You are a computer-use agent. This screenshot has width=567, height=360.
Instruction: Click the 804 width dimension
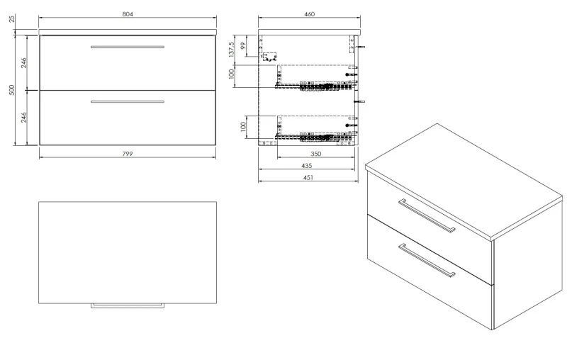click(128, 14)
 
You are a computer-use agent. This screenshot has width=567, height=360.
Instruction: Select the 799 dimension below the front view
click(128, 154)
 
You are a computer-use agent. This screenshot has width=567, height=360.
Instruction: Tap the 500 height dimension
click(12, 90)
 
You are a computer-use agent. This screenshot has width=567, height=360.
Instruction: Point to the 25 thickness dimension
click(12, 18)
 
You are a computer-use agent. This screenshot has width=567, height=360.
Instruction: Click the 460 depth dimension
click(310, 14)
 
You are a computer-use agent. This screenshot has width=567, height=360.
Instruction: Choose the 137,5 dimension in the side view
click(232, 49)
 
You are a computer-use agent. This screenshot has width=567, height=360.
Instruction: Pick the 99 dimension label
click(243, 46)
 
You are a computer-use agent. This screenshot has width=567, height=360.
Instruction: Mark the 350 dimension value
click(315, 154)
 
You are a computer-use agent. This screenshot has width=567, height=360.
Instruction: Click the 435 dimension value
click(306, 166)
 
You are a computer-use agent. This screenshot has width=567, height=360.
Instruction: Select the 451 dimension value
click(308, 177)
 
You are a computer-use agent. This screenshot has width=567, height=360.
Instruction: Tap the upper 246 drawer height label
click(24, 62)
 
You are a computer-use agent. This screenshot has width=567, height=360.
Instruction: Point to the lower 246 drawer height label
click(24, 118)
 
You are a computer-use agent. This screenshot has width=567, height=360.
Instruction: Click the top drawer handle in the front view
click(128, 47)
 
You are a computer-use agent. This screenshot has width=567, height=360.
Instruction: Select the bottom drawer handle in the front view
click(128, 102)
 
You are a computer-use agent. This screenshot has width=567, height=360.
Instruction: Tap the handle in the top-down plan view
click(128, 305)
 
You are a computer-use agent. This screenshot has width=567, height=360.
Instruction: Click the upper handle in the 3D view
click(427, 215)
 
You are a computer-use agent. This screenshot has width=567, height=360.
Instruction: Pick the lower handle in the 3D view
click(427, 260)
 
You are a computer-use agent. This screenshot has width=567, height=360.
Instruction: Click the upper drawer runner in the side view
click(314, 86)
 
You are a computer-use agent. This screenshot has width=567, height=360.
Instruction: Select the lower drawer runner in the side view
click(314, 137)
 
